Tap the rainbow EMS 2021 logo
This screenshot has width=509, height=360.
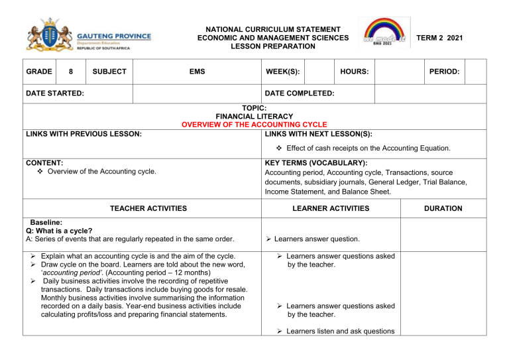tap(384, 32)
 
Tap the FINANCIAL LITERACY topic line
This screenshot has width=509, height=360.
tap(254, 115)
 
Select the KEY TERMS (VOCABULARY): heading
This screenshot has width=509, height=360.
tap(315, 162)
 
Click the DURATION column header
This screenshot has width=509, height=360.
tap(443, 208)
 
